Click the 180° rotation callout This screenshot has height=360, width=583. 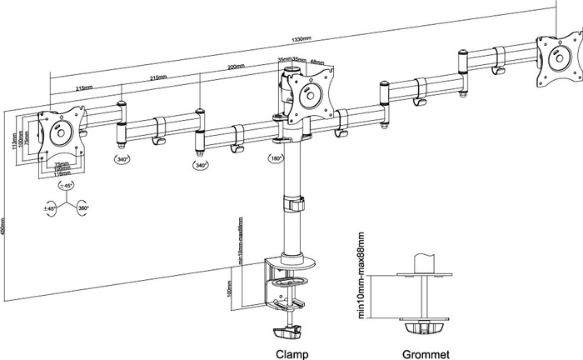click(276, 157)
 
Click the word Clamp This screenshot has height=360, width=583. click(291, 353)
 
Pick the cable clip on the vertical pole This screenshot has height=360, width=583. click(292, 202)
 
